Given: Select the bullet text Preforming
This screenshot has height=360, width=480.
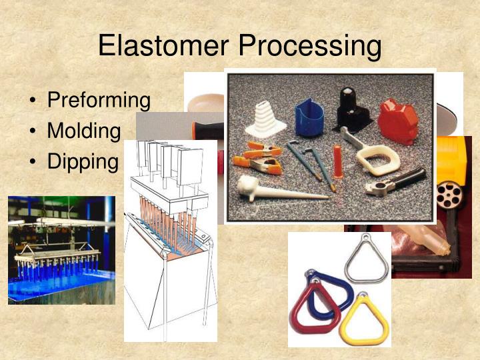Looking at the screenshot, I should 99,101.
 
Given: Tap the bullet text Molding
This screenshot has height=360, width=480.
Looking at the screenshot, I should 84,131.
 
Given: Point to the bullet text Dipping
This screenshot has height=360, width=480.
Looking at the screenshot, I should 83,161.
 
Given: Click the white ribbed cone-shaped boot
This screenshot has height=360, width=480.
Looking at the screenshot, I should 267,121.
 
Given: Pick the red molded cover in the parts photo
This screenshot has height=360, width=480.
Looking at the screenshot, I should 397,121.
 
